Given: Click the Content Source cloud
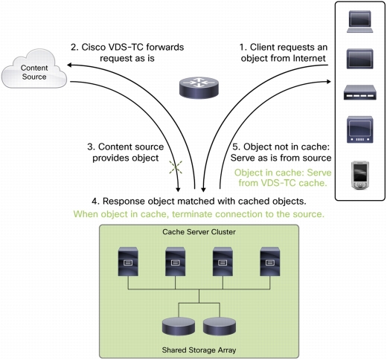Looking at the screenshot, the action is [x=34, y=69].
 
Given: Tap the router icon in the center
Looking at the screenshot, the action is [x=199, y=88].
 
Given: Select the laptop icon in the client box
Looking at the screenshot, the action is [x=359, y=22].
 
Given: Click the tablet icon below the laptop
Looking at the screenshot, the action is [x=359, y=59].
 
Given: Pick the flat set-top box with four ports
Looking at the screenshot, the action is [x=359, y=92].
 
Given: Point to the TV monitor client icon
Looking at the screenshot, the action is [x=359, y=129].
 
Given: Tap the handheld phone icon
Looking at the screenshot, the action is [x=360, y=176].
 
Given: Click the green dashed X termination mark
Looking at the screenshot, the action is [x=176, y=167].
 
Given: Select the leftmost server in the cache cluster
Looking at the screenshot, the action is [x=128, y=261].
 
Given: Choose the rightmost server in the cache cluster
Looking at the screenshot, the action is [x=270, y=261].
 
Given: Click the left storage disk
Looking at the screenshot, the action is [x=179, y=326].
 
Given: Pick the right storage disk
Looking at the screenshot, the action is [x=220, y=326].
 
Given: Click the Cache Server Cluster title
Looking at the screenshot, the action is [x=199, y=232].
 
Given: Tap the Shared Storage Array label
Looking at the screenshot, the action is [x=199, y=350].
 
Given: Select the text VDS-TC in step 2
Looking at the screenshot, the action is [x=131, y=47].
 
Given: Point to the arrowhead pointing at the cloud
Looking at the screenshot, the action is [x=70, y=65].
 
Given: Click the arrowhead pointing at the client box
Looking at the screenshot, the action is [x=329, y=82].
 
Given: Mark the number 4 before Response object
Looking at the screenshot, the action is [x=94, y=202].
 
